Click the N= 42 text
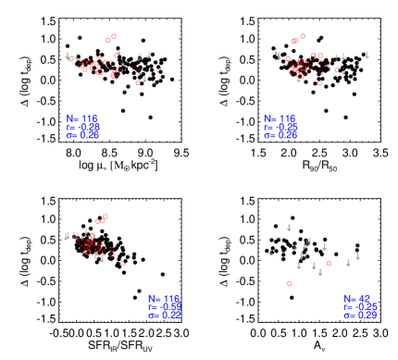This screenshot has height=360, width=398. [x=359, y=298]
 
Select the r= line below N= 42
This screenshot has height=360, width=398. [x=359, y=306]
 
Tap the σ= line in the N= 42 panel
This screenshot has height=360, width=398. [x=359, y=315]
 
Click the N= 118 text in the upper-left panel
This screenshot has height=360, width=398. [x=82, y=118]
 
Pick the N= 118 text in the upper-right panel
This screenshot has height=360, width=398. [x=280, y=118]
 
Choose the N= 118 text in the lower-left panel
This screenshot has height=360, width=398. [x=163, y=298]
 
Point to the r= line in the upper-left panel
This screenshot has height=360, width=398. [x=82, y=127]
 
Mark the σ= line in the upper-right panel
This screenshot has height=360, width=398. [x=280, y=135]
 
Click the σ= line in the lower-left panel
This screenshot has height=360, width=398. [x=163, y=315]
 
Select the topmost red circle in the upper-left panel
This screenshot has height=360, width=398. [x=114, y=37]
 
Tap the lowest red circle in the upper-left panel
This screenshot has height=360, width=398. [x=138, y=83]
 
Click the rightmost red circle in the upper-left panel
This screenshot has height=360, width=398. [x=159, y=69]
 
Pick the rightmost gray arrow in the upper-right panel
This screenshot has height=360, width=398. [x=367, y=56]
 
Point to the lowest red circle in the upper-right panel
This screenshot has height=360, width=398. [x=319, y=83]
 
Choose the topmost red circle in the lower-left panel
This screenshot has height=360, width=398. [x=106, y=217]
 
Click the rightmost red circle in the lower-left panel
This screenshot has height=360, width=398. [x=123, y=263]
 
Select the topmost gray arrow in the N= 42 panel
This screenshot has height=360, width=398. [x=289, y=228]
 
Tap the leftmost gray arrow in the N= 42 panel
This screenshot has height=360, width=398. [x=271, y=252]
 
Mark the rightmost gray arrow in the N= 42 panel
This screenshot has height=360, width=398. [x=357, y=256]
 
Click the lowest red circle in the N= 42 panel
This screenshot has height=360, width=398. [x=290, y=283]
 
